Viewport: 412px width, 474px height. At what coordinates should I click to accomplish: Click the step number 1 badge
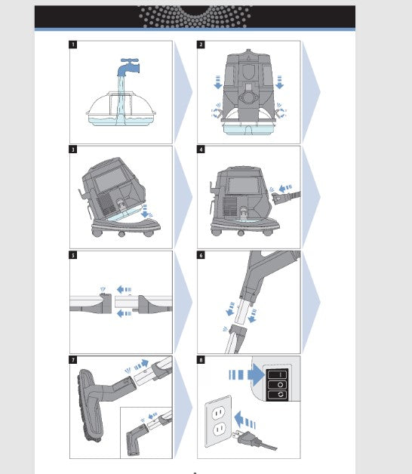(x=73, y=45)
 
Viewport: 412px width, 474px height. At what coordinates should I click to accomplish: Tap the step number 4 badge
(x=201, y=149)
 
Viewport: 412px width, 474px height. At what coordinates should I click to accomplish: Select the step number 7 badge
(x=73, y=360)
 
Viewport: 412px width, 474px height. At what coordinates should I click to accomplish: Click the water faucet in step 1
(x=128, y=67)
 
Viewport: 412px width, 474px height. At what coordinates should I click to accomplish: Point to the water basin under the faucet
(x=121, y=109)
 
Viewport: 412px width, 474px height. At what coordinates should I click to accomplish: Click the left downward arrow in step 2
(x=218, y=82)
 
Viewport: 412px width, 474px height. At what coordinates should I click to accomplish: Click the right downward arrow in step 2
(x=280, y=82)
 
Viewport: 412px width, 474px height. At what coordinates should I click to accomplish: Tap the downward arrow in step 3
(x=146, y=211)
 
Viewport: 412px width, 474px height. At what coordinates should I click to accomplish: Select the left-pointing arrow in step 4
(x=285, y=188)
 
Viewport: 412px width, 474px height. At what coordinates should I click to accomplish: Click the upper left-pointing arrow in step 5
(x=124, y=289)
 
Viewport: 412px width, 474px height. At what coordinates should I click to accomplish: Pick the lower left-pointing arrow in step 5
(x=124, y=313)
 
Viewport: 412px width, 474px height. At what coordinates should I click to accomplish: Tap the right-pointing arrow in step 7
(x=141, y=365)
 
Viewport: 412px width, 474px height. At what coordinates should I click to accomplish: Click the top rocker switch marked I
(x=277, y=374)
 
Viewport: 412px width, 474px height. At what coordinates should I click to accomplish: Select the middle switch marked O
(x=277, y=385)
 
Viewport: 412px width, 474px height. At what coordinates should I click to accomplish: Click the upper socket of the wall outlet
(x=218, y=412)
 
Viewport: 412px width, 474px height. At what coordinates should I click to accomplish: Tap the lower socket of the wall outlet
(x=219, y=429)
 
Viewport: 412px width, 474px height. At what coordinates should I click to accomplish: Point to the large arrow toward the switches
(x=247, y=375)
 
